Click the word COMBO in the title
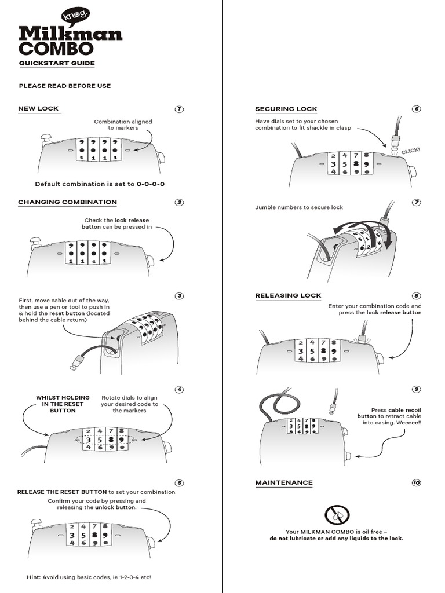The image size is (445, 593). point(56,47)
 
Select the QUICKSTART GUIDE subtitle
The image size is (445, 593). point(57,63)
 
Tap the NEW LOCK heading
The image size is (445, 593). point(38,108)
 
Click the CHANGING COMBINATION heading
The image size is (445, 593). point(67,202)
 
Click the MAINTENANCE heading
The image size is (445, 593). point(284,482)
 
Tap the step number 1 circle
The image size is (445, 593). point(179,109)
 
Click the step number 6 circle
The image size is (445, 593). point(416,109)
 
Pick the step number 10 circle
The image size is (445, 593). point(416,482)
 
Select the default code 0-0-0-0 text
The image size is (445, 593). point(151,184)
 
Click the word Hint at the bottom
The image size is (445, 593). point(34,577)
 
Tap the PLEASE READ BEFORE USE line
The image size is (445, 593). point(65,86)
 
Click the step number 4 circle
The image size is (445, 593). point(179,389)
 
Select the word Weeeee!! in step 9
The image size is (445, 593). point(407,423)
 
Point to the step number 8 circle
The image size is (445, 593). point(416,295)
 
